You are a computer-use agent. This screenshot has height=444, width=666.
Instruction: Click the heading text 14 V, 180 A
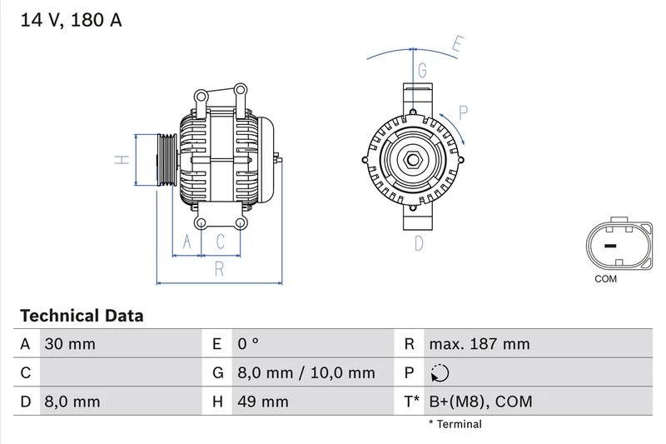click(x=70, y=20)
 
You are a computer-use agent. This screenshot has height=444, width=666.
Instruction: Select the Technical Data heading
click(x=82, y=316)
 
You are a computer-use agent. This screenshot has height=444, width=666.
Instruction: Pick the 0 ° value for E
click(x=248, y=344)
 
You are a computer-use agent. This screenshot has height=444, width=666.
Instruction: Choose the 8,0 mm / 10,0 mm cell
click(x=306, y=373)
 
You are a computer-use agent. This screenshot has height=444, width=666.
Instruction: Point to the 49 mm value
click(x=262, y=402)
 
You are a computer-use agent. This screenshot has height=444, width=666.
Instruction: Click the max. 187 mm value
click(x=480, y=344)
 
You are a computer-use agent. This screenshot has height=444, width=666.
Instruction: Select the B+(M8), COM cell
click(x=480, y=402)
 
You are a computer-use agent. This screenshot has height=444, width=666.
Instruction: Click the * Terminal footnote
click(x=455, y=424)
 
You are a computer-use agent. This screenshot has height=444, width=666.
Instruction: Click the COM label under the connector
click(x=605, y=279)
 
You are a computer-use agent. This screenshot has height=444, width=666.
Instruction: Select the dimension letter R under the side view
click(x=219, y=268)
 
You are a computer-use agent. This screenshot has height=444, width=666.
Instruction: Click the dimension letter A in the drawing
click(x=187, y=242)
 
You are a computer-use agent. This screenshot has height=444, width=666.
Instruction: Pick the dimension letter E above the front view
click(x=457, y=45)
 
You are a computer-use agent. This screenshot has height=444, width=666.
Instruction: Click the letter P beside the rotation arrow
click(x=463, y=112)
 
